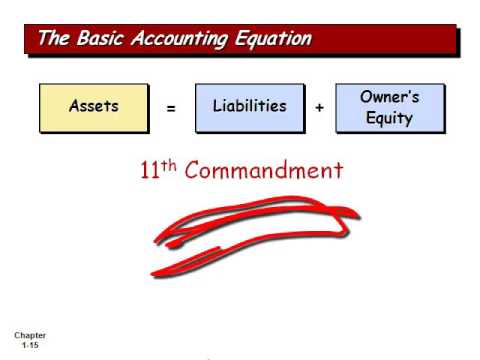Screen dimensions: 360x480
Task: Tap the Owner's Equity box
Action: (390, 108)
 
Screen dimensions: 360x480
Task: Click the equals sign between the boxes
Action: (171, 108)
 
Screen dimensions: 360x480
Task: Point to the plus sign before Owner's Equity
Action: (319, 108)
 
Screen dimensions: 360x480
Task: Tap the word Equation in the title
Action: (274, 39)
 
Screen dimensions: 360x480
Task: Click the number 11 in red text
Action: (150, 171)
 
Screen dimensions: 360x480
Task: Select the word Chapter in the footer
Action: (30, 335)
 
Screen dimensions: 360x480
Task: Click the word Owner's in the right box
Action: (390, 98)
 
